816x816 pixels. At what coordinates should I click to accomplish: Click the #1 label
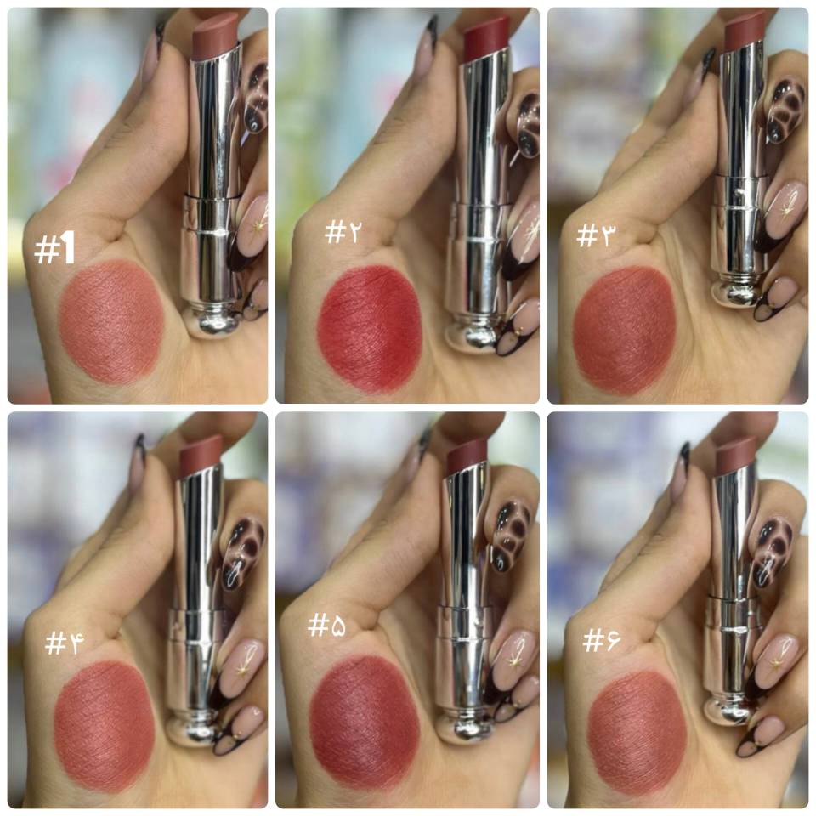(54, 248)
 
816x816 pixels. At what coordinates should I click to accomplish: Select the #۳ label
(595, 235)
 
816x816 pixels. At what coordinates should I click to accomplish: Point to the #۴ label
(64, 643)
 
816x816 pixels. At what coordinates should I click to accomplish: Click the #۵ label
(326, 625)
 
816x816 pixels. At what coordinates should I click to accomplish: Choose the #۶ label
(601, 639)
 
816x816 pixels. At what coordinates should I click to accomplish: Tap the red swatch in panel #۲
(369, 329)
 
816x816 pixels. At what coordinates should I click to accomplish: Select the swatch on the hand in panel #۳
(624, 331)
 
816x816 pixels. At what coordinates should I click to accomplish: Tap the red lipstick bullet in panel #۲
(486, 38)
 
